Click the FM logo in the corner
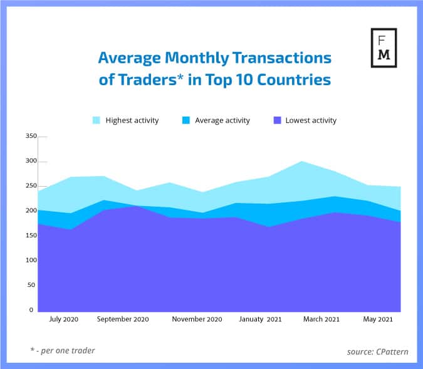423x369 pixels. (384, 48)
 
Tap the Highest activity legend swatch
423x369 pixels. (97, 120)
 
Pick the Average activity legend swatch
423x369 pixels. (186, 120)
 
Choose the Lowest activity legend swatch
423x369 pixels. (276, 120)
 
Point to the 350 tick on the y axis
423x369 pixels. (30, 136)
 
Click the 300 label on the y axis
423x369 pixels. (30, 161)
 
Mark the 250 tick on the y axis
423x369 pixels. (30, 186)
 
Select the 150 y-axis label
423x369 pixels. (30, 236)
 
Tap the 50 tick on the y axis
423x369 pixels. (32, 285)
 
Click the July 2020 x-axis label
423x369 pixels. (63, 320)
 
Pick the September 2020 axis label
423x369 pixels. (123, 320)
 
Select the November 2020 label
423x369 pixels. (197, 320)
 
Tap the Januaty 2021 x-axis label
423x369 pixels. (261, 320)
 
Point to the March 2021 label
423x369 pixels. (321, 320)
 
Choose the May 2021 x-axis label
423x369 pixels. (379, 320)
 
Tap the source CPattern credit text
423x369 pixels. (377, 351)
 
